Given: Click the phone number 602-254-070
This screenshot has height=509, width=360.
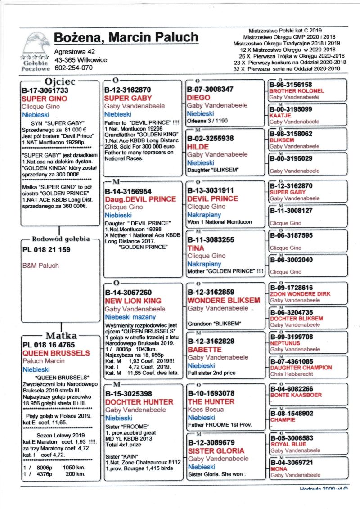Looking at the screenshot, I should click(74, 68).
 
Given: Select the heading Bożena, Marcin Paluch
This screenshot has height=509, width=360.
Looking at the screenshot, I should click(126, 37).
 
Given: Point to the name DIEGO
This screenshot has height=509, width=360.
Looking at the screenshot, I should click(198, 97).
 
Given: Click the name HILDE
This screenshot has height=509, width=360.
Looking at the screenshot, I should click(198, 147).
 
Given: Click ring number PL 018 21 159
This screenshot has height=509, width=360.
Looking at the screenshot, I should click(46, 249).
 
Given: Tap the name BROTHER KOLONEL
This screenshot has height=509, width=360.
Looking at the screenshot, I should click(297, 91).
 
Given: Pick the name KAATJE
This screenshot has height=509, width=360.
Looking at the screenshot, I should click(281, 116).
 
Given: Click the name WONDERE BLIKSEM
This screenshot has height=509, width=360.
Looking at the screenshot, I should click(224, 300).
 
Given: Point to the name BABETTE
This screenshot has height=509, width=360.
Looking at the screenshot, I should click(204, 349).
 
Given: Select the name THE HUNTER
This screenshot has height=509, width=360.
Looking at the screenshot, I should click(211, 401).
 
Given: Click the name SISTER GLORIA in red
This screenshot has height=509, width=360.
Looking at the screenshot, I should click(216, 450).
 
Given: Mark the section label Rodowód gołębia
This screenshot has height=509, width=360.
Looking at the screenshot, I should click(60, 239).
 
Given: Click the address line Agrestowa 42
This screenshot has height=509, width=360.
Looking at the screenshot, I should click(75, 52).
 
